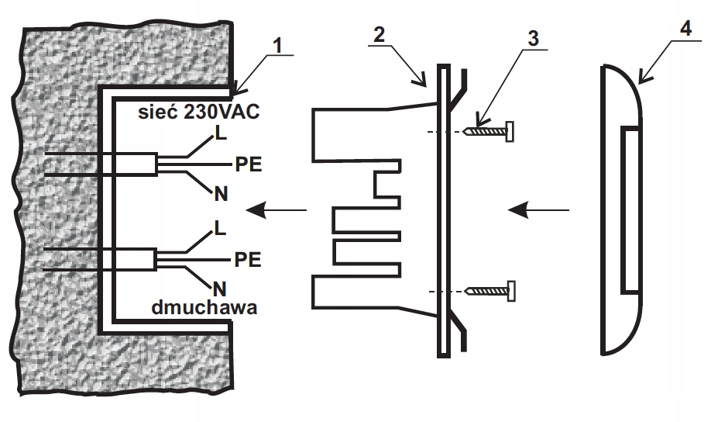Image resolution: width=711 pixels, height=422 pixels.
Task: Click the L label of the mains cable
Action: coord(221,134)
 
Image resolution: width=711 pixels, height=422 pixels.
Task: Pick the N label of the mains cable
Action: coord(221,194)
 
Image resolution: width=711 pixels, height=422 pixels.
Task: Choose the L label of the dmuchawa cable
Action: coord(221,228)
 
